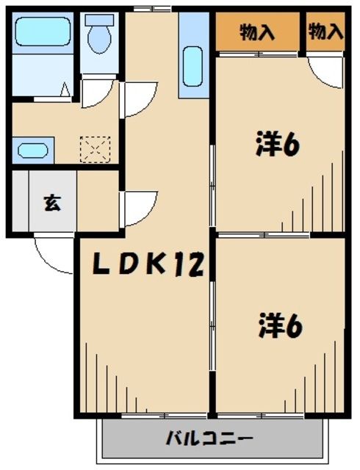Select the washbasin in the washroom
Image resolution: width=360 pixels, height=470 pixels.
click(31, 151)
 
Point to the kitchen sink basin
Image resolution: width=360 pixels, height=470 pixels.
click(193, 66)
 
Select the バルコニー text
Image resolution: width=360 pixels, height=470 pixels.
click(209, 439)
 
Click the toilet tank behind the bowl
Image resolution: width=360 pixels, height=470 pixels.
click(98, 21)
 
